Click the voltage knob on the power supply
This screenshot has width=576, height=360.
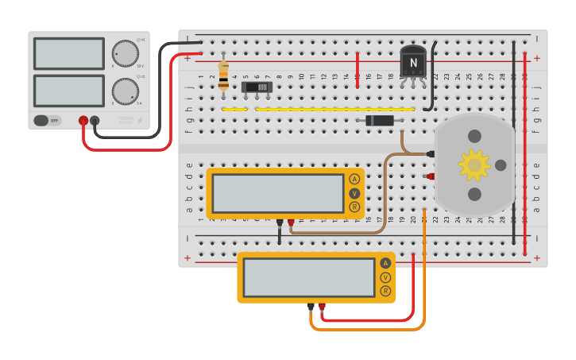click(125, 53)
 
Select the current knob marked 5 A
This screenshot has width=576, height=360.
click(125, 91)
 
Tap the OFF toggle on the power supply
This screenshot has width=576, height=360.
click(46, 121)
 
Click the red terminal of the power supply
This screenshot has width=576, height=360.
click(83, 121)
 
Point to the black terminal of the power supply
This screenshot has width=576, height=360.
click(95, 121)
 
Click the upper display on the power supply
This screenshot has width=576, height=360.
click(69, 54)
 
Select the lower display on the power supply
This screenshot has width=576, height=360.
click(69, 91)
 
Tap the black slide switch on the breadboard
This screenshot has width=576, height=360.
click(257, 87)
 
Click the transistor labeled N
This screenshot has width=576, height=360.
click(413, 62)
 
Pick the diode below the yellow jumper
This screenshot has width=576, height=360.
click(380, 120)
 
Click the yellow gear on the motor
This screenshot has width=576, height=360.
click(474, 165)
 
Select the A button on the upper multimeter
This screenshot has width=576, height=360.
click(354, 179)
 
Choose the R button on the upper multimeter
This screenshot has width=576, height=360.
click(354, 207)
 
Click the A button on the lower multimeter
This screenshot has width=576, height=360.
click(385, 263)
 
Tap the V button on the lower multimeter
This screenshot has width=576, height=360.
click(385, 277)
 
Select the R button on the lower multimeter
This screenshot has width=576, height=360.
click(385, 291)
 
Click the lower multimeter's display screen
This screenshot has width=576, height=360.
click(309, 277)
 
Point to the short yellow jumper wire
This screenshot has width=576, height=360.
click(234, 109)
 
